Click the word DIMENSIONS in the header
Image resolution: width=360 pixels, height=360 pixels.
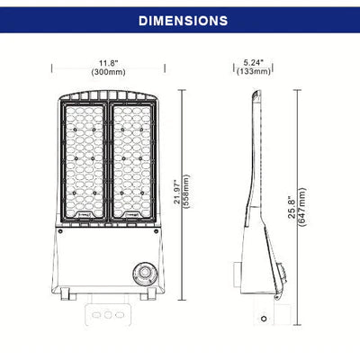[183, 21]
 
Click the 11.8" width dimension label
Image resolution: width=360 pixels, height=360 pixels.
[109, 63]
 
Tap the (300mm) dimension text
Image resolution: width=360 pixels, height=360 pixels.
[108, 72]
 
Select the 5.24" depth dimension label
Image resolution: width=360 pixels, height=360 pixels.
[254, 63]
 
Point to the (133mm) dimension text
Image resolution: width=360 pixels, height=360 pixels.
[254, 71]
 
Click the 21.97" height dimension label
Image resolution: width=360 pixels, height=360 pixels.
[177, 192]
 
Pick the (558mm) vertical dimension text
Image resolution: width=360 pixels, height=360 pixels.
[186, 192]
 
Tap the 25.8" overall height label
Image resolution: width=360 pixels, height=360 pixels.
[292, 207]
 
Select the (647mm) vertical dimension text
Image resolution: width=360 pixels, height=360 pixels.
[301, 207]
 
